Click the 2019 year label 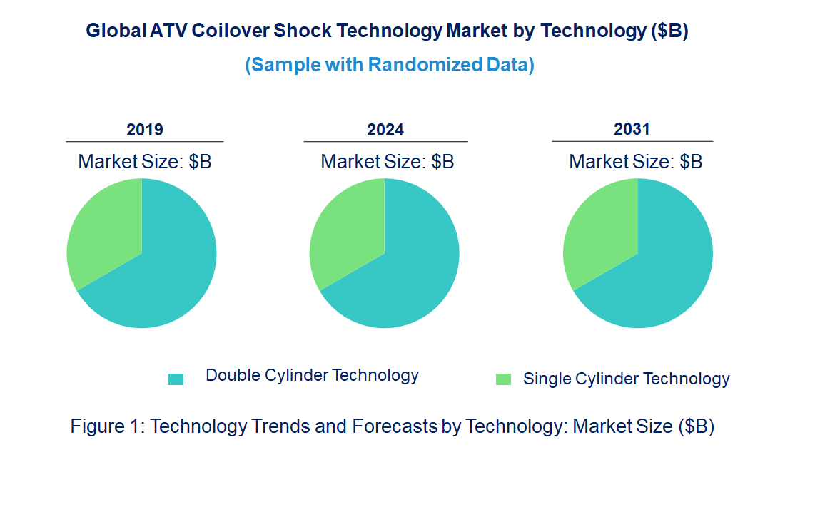pos(145,130)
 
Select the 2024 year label pos(385,130)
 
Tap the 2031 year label pos(632,129)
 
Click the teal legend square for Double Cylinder pos(176,379)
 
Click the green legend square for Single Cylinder pos(503,379)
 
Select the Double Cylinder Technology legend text pos(312,375)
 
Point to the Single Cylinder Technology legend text pos(626,379)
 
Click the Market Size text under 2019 pos(145,162)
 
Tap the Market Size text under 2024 pos(387,162)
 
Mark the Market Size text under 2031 pos(635,162)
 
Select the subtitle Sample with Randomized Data pos(390,65)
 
